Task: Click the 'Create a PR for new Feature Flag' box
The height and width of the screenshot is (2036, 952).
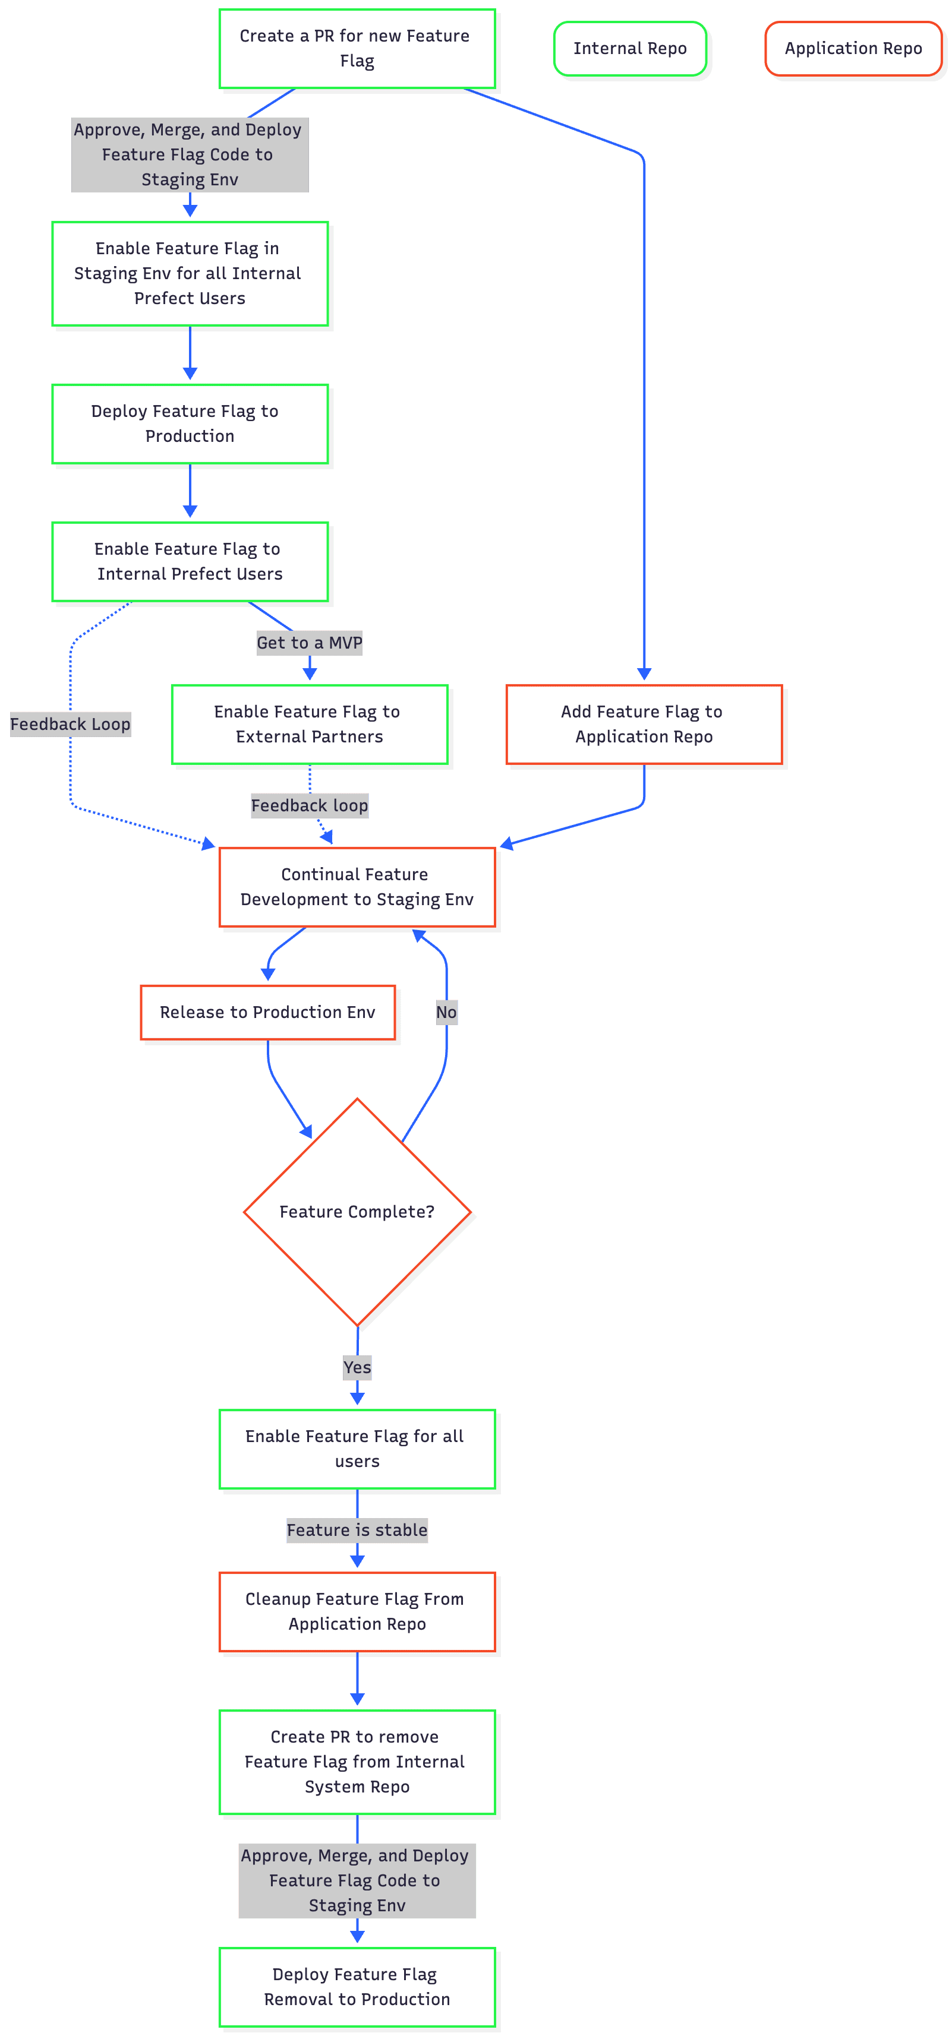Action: (x=357, y=48)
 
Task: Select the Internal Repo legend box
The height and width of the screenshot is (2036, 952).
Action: (x=629, y=48)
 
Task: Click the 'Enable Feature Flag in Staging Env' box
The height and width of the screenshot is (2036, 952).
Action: (x=190, y=273)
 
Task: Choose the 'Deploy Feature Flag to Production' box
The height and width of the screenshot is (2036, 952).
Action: (x=190, y=423)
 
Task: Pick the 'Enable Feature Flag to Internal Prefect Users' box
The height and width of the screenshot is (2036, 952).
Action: (x=190, y=561)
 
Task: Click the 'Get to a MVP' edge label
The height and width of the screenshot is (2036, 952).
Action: (x=309, y=643)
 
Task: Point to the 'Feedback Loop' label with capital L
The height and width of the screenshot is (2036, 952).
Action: (x=70, y=724)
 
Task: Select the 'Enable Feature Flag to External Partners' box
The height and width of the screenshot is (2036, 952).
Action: (x=309, y=724)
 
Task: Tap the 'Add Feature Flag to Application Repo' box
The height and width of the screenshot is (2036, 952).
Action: (x=644, y=724)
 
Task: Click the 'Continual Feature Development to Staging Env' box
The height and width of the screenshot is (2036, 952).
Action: (x=357, y=887)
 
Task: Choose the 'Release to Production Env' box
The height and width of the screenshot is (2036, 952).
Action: (x=267, y=1013)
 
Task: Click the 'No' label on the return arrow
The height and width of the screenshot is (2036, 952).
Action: (x=446, y=1013)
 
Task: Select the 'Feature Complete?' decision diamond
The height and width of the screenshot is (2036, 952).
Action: (x=357, y=1212)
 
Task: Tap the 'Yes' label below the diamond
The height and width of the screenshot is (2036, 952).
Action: (x=357, y=1367)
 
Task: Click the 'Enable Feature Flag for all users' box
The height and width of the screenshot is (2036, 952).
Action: (x=357, y=1449)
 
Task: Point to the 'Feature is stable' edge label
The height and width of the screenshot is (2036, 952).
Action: (x=357, y=1530)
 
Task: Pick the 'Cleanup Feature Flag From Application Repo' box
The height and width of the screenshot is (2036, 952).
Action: (x=357, y=1611)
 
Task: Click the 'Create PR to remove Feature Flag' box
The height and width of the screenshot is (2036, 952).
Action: (x=357, y=1762)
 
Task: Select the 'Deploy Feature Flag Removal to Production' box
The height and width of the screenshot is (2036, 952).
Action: (x=357, y=1987)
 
